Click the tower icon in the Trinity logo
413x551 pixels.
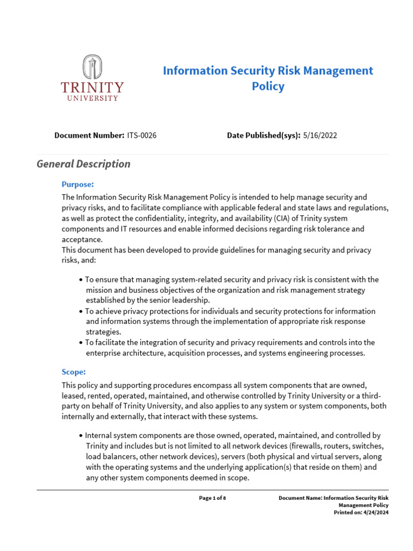(92, 67)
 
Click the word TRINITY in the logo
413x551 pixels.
(92, 88)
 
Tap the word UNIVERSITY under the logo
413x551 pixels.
(92, 98)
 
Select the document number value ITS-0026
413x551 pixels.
(142, 136)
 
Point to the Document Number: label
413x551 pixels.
(89, 136)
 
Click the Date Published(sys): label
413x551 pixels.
(264, 136)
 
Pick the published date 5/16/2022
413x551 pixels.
(320, 136)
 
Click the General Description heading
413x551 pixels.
(83, 164)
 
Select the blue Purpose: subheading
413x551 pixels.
(78, 184)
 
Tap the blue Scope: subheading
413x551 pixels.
(74, 372)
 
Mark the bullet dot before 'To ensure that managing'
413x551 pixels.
(81, 280)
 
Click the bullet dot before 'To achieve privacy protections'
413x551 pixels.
(81, 312)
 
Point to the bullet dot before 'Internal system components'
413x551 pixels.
(81, 435)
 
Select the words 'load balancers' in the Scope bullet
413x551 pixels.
(109, 456)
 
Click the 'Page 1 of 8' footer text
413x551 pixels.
(212, 498)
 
